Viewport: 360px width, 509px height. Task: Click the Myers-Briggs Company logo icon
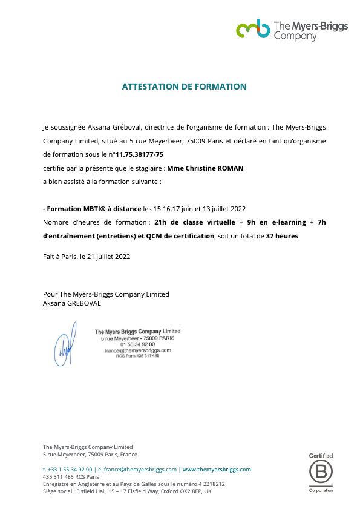pos(253,28)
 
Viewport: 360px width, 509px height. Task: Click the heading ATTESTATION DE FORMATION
pos(185,87)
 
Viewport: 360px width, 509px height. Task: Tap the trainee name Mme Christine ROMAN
pos(205,168)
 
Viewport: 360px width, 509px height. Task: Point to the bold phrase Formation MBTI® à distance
pos(94,208)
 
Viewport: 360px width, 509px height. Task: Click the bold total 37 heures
pos(282,235)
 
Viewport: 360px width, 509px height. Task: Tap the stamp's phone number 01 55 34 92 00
pos(137,344)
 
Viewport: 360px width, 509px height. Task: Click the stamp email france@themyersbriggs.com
pos(137,350)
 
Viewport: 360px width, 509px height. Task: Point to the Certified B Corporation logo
pos(321,473)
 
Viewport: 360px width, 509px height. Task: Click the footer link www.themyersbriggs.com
pos(217,469)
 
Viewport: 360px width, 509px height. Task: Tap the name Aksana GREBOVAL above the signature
pos(72,303)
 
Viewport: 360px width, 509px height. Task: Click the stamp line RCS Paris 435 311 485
pos(137,356)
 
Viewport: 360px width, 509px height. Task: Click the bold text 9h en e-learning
pos(272,222)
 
